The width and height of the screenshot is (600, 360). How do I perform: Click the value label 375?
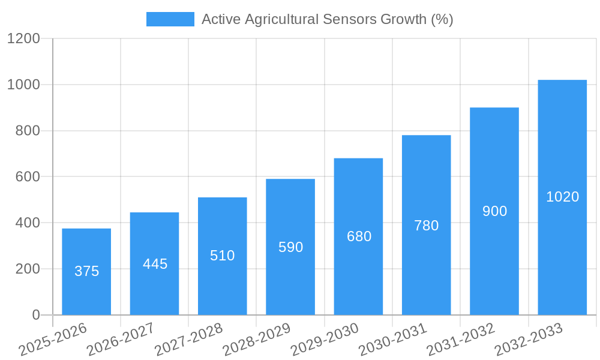pyautogui.click(x=86, y=271)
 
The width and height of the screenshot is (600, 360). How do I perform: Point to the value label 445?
pyautogui.click(x=155, y=264)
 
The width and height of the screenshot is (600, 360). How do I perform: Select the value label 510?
pyautogui.click(x=223, y=256)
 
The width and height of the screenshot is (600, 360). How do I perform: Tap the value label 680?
pyautogui.click(x=359, y=236)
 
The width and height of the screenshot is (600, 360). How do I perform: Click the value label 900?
pyautogui.click(x=494, y=211)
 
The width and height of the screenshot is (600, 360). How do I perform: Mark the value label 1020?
pyautogui.click(x=562, y=197)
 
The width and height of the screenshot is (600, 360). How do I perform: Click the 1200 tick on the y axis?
pyautogui.click(x=23, y=39)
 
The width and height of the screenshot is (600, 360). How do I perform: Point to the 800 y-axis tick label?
pyautogui.click(x=28, y=131)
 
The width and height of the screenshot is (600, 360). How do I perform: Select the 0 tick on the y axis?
pyautogui.click(x=35, y=315)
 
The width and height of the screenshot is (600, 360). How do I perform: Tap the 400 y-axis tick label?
pyautogui.click(x=28, y=223)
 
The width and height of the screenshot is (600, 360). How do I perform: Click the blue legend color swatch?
pyautogui.click(x=170, y=19)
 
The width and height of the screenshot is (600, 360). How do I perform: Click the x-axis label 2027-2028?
pyautogui.click(x=189, y=340)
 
